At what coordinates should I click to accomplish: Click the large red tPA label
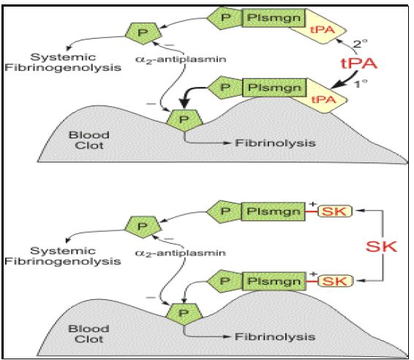click(x=359, y=64)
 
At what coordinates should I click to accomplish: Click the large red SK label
click(x=381, y=247)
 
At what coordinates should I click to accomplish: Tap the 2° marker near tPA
click(x=361, y=43)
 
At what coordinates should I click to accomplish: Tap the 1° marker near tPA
click(x=361, y=84)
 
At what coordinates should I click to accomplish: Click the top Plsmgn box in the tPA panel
click(x=274, y=18)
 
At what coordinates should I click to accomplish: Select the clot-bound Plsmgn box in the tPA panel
click(x=274, y=87)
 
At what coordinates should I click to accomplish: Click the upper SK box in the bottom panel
click(x=334, y=211)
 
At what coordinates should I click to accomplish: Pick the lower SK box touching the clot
click(x=335, y=281)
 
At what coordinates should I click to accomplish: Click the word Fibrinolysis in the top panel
click(x=275, y=143)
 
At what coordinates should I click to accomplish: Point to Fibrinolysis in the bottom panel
click(x=275, y=337)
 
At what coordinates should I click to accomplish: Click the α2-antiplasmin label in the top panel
click(x=181, y=59)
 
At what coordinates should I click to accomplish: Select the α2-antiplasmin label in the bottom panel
click(x=181, y=253)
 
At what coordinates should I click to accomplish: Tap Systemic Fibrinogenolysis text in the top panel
click(x=63, y=62)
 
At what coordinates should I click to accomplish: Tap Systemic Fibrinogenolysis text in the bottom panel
click(x=63, y=256)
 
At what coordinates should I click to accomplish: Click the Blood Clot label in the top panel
click(x=89, y=140)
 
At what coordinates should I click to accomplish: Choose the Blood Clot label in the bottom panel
click(x=89, y=334)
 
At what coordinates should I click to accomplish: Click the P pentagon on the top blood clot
click(x=184, y=120)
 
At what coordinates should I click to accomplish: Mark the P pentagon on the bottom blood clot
click(x=184, y=314)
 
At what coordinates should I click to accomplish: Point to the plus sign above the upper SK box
click(x=312, y=204)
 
